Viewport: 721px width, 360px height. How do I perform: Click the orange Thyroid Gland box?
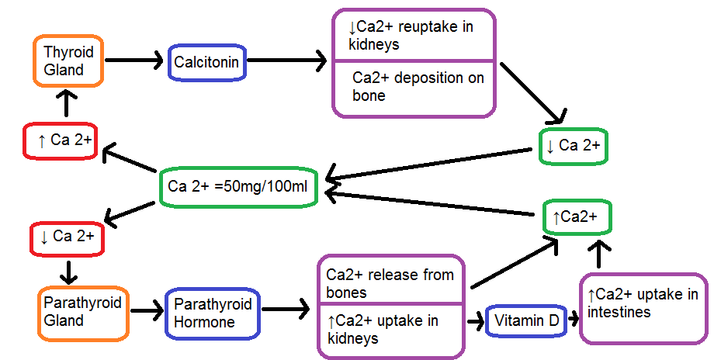tap(69, 61)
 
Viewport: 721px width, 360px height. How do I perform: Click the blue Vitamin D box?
tap(526, 320)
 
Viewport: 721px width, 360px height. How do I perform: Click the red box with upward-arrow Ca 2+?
tap(60, 140)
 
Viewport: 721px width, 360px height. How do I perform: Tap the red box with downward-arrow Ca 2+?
tap(66, 237)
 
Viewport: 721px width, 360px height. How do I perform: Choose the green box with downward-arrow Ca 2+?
tap(573, 146)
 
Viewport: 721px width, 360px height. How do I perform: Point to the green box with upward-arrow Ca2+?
tap(577, 217)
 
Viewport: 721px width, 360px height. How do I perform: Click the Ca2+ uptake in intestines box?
tap(643, 308)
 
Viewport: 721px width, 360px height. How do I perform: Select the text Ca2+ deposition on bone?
tap(418, 86)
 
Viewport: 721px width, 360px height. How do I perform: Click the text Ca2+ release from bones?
tap(390, 283)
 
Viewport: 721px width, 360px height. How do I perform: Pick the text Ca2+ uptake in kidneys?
tap(383, 330)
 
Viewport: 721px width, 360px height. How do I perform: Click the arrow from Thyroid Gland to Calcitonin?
tap(133, 60)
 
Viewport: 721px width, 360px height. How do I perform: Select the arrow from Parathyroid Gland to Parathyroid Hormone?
tap(144, 312)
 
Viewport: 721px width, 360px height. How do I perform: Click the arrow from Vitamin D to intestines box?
tap(573, 319)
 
